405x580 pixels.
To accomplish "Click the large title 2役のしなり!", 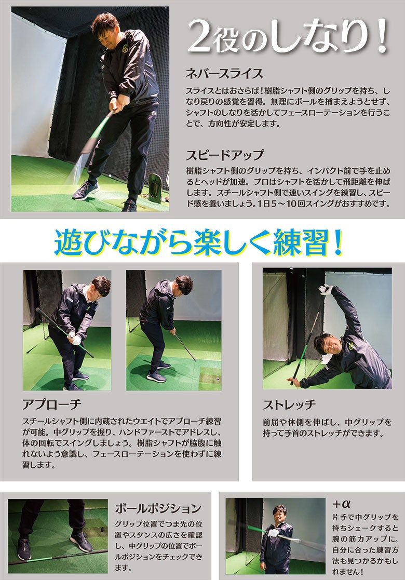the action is pyautogui.click(x=288, y=37).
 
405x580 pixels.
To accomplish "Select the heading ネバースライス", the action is pyautogui.click(x=224, y=73).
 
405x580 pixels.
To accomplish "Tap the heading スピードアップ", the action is pyautogui.click(x=225, y=155).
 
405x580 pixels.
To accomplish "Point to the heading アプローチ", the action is pyautogui.click(x=52, y=404).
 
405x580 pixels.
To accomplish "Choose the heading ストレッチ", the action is pyautogui.click(x=290, y=404).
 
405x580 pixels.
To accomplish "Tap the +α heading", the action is pyautogui.click(x=341, y=504).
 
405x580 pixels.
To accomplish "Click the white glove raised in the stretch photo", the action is pyautogui.click(x=326, y=290).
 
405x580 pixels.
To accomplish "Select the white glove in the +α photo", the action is pyautogui.click(x=273, y=533).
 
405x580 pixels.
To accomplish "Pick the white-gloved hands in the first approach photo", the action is pyautogui.click(x=75, y=339).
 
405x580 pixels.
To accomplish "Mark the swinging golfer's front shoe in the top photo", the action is pyautogui.click(x=86, y=190).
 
